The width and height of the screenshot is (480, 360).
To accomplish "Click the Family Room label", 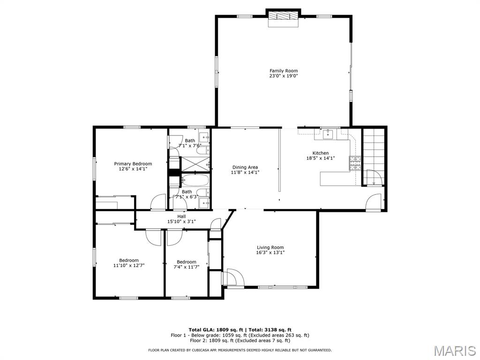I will (x=284, y=71).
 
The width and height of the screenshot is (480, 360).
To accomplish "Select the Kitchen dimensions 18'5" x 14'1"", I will (x=321, y=158).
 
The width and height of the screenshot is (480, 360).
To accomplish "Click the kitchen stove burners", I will (x=354, y=163).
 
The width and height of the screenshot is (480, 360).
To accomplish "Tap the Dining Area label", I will (x=245, y=167).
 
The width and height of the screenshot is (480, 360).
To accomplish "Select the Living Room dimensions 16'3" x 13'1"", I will (x=270, y=253).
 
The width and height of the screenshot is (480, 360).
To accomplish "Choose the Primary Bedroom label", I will (x=133, y=164).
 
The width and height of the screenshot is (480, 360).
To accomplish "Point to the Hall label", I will (x=181, y=216).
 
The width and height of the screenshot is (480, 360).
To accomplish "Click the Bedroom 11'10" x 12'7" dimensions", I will (x=129, y=265).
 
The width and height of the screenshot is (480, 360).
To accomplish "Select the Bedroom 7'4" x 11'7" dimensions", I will (x=186, y=267).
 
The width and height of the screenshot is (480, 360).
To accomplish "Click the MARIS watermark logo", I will (x=455, y=351).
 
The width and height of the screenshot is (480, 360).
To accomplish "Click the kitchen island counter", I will (x=335, y=179).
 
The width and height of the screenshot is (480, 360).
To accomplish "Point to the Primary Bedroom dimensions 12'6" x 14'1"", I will (x=133, y=169).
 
